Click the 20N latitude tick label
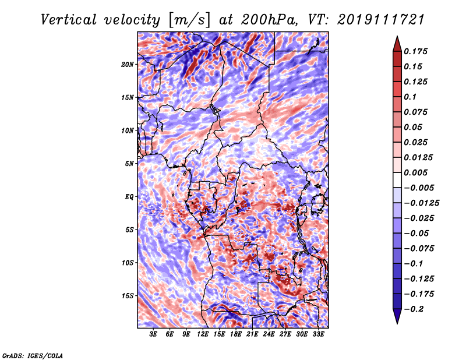(x=128, y=64)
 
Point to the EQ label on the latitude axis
(x=129, y=196)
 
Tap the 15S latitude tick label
(x=128, y=296)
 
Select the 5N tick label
(x=129, y=164)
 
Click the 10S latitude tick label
(x=128, y=263)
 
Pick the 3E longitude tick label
(x=153, y=334)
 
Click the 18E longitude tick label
(x=236, y=334)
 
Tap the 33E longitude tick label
(x=319, y=334)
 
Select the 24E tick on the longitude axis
(x=269, y=334)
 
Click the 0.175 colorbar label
(x=415, y=51)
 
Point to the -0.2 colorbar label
(x=413, y=309)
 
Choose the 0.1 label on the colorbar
(x=410, y=97)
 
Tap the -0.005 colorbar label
(x=419, y=188)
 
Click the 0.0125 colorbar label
(x=418, y=157)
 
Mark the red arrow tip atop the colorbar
(x=397, y=37)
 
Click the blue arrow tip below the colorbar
(x=397, y=323)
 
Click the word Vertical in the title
(x=69, y=20)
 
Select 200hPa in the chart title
(x=269, y=20)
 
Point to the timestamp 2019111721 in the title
(x=381, y=20)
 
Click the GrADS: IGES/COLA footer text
(x=33, y=355)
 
